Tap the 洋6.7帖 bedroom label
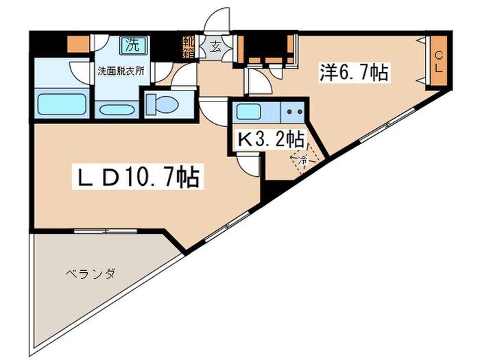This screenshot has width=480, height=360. click(354, 73)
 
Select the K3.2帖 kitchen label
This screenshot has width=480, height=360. click(271, 139)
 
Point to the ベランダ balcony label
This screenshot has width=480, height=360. click(90, 274)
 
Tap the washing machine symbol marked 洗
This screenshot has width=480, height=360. click(132, 45)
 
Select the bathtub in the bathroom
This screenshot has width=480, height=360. click(60, 105)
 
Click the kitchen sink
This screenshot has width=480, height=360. click(251, 111)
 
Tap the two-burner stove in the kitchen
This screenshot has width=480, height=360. click(294, 111)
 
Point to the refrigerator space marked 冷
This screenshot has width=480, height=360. click(301, 160)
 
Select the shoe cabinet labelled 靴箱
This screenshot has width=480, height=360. click(189, 47)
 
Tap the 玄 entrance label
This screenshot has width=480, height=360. click(215, 47)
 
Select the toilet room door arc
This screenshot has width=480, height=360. click(184, 79)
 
